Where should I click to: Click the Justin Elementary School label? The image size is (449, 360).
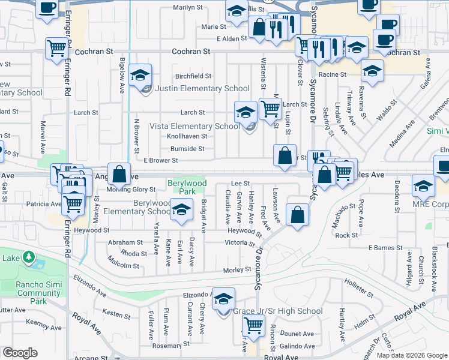click(202, 89)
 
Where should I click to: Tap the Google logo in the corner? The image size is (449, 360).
click(20, 353)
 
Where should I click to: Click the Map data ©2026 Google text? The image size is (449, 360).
click(411, 355)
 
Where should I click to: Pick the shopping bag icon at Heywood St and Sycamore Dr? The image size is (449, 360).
click(297, 215)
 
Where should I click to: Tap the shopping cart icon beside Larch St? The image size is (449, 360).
click(271, 109)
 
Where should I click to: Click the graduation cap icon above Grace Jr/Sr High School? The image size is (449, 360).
click(223, 299)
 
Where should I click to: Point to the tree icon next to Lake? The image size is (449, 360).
click(28, 258)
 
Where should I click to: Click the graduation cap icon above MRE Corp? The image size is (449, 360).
click(423, 186)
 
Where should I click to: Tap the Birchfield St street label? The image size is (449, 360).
click(193, 76)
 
